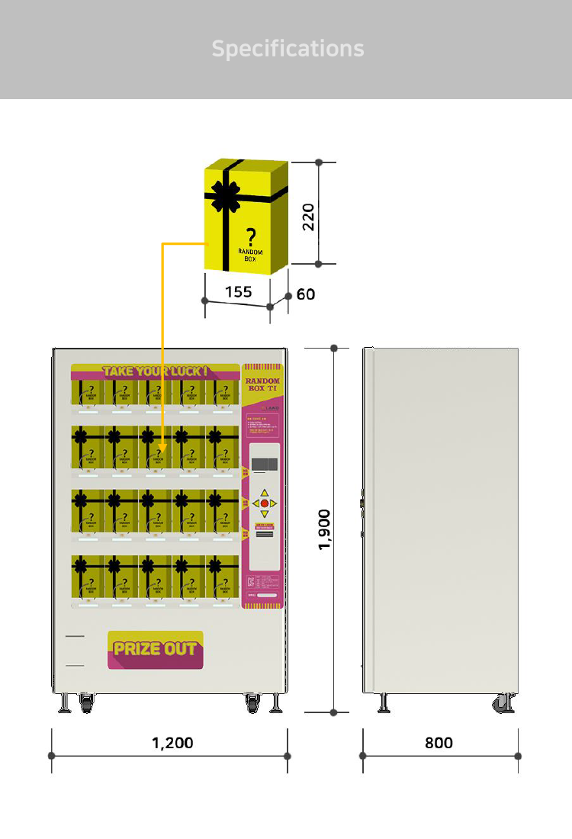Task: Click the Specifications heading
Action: click(288, 49)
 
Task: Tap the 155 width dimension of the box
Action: click(238, 291)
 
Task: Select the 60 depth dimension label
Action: click(306, 294)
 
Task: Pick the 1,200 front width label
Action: click(172, 742)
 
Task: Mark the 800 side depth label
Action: click(439, 742)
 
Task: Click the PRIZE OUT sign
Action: click(156, 650)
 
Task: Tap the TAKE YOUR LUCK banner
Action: click(155, 371)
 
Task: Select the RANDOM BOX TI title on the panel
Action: click(263, 384)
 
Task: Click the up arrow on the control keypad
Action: click(265, 493)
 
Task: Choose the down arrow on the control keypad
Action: click(265, 514)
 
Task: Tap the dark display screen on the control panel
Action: click(265, 464)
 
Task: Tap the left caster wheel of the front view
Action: click(85, 703)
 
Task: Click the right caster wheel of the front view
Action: click(253, 703)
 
